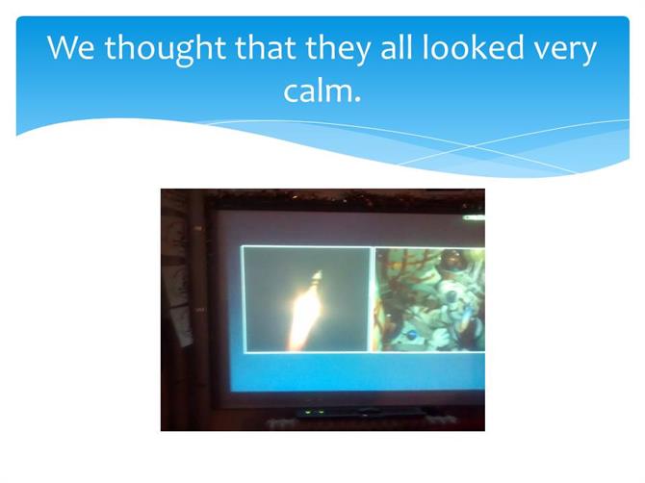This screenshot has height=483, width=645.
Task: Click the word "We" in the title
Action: [70, 48]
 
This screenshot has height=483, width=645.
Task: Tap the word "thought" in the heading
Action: [166, 48]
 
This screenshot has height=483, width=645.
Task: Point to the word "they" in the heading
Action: [337, 48]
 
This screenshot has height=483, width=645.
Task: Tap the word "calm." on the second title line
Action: [322, 90]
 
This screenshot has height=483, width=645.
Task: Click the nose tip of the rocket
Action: [318, 272]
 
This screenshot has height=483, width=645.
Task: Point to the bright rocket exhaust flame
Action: [303, 317]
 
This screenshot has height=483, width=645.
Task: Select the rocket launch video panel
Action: [307, 299]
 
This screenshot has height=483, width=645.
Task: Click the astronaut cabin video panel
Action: [430, 299]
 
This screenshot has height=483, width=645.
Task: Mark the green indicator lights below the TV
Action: [315, 412]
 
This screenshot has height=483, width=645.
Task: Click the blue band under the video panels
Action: [358, 372]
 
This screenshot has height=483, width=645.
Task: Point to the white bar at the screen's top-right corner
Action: [475, 217]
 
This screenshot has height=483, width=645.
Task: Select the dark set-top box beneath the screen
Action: [360, 413]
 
